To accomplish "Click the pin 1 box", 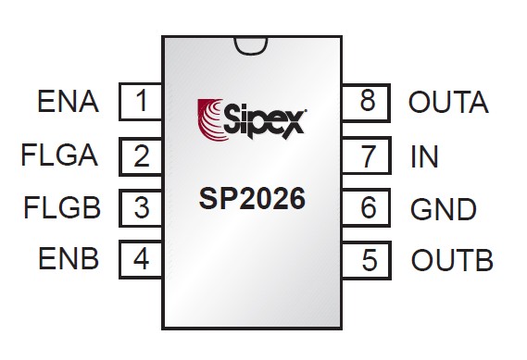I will (x=141, y=102).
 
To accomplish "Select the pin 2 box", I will (x=141, y=155).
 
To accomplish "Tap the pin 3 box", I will (x=141, y=206).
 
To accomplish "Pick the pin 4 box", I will (x=141, y=258).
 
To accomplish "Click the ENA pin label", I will (x=69, y=102).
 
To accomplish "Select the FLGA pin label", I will (x=59, y=155).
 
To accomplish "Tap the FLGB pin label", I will (x=61, y=206).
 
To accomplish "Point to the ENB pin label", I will (x=69, y=258).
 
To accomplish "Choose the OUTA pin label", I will (x=448, y=102).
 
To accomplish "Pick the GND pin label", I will (x=443, y=209).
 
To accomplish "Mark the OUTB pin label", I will (x=451, y=260).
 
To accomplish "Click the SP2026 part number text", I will (x=252, y=200).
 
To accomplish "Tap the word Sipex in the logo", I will (x=263, y=118).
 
